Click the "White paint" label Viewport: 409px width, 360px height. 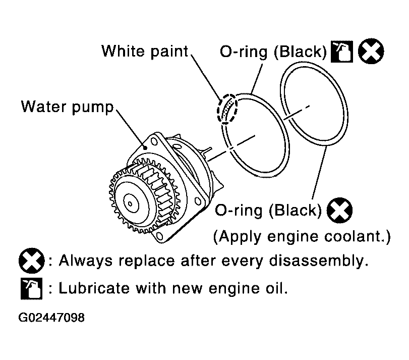[145, 51]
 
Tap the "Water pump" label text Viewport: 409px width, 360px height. [67, 107]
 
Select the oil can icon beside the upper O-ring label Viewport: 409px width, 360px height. [342, 52]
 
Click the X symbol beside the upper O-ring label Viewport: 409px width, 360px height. [371, 51]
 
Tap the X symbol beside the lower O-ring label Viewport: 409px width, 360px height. [339, 210]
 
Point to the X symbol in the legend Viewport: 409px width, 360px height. [32, 261]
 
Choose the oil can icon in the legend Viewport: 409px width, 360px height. [32, 288]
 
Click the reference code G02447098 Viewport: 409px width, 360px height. [51, 318]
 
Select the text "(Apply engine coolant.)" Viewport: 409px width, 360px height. [302, 237]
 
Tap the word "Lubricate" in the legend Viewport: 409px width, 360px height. [94, 288]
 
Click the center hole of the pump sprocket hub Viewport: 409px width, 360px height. [130, 203]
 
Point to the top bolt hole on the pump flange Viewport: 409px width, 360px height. [154, 141]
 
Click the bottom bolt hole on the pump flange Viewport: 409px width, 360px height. [159, 236]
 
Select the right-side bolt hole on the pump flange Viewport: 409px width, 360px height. [198, 201]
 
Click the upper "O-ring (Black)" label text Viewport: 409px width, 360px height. [273, 52]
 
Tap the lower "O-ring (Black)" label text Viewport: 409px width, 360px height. [268, 211]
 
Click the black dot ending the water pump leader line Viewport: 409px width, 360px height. [145, 148]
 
